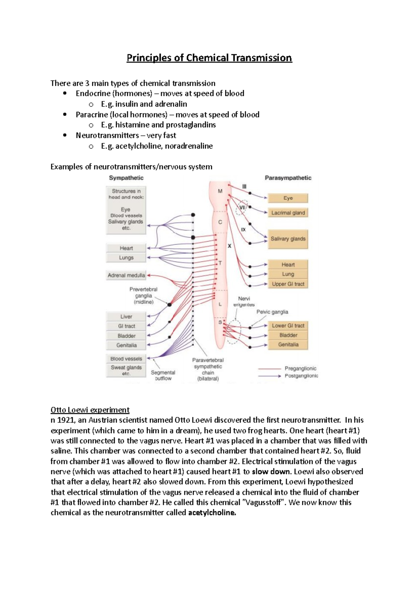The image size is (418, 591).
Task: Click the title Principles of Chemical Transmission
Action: click(x=209, y=58)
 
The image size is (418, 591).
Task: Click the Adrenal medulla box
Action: click(x=126, y=275)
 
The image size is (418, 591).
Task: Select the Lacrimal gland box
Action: click(x=288, y=213)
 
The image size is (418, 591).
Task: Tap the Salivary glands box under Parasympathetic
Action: click(x=288, y=239)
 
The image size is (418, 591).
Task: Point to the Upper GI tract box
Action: click(x=288, y=284)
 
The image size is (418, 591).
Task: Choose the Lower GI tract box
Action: click(x=288, y=326)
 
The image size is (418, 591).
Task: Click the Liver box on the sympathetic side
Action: click(x=126, y=317)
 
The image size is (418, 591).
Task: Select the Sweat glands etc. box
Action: click(x=126, y=370)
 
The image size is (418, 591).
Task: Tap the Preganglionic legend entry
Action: click(x=300, y=368)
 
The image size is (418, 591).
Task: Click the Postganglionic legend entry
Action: click(x=301, y=376)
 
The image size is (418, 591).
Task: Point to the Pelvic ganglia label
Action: click(x=272, y=312)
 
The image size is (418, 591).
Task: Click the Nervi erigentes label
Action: click(x=244, y=301)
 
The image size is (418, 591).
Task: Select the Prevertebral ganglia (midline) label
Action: click(x=143, y=295)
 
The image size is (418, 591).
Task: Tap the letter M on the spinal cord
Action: click(x=220, y=191)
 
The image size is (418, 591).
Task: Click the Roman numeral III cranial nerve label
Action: click(x=244, y=187)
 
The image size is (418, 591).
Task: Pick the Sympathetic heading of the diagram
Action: click(x=126, y=178)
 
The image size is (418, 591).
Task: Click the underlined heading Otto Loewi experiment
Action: click(x=90, y=410)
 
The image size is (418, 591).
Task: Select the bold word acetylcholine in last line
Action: click(x=212, y=513)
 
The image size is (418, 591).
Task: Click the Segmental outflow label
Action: click(x=163, y=375)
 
